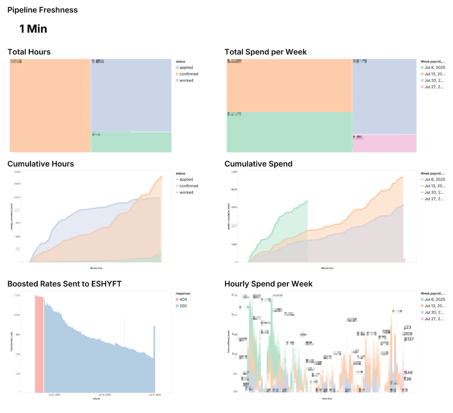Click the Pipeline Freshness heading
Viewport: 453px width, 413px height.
click(42, 10)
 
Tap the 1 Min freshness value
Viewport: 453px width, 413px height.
click(33, 29)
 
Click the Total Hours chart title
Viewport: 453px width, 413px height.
click(29, 52)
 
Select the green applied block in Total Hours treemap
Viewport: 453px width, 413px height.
click(131, 142)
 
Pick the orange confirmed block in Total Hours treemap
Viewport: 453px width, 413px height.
click(50, 105)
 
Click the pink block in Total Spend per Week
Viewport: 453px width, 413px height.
click(384, 143)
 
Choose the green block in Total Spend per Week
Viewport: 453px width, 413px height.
click(289, 132)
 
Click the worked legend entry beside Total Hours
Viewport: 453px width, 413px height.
click(186, 80)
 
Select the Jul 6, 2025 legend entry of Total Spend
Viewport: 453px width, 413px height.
click(434, 68)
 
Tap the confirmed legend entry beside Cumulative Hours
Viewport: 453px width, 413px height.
click(189, 186)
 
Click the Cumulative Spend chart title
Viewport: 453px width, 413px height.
click(258, 164)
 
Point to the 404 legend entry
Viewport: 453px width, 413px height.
click(183, 299)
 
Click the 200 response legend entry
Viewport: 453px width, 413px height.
click(183, 306)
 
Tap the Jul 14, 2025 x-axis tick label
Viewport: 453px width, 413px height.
click(105, 395)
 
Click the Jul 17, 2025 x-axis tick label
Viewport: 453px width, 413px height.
click(155, 395)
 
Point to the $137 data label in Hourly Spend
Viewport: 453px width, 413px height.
click(409, 339)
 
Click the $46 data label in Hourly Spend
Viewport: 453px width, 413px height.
click(409, 372)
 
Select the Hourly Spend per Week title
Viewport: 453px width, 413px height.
click(268, 284)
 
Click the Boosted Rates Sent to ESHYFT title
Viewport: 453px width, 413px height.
click(64, 284)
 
